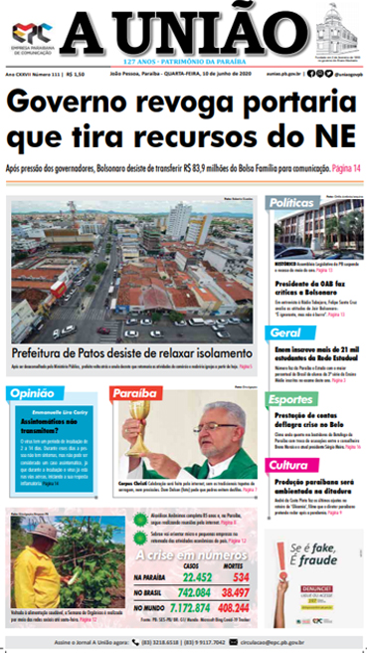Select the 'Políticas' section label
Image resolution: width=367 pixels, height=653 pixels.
[x=292, y=203]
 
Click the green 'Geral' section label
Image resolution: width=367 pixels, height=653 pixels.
[x=286, y=332]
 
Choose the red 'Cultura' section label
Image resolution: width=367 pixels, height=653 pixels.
[x=289, y=465]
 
